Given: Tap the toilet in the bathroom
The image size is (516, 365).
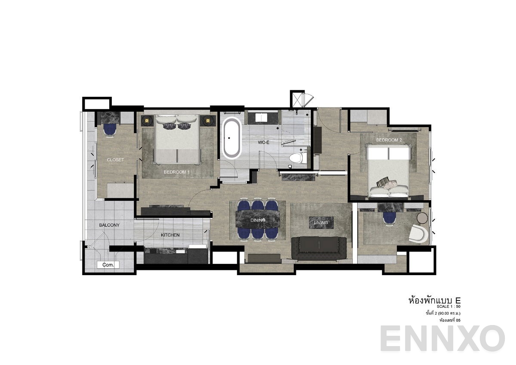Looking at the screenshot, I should point(297,158).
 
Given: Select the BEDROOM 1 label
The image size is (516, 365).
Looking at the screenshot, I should point(177,172).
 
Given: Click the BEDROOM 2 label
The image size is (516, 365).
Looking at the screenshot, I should point(389,140).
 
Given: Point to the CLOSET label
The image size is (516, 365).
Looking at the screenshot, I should point(115,160).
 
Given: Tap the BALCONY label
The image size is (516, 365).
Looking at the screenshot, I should point(109,225).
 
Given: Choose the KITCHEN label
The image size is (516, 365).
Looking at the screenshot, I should point(170,235).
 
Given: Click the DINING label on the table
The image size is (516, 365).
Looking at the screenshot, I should point(258,220).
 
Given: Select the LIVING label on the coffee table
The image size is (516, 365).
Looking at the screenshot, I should point(321,222).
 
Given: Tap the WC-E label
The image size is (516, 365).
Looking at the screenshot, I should point(263,142).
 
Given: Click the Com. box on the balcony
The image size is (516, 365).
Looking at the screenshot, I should point(108,265).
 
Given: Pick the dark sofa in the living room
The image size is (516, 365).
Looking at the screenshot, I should point(319,248).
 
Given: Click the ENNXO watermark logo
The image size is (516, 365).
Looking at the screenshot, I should point(442,338).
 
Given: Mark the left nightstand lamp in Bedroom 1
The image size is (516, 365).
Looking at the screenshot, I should point(147,121).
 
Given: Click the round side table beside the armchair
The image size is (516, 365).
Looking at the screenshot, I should point(423,218).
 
